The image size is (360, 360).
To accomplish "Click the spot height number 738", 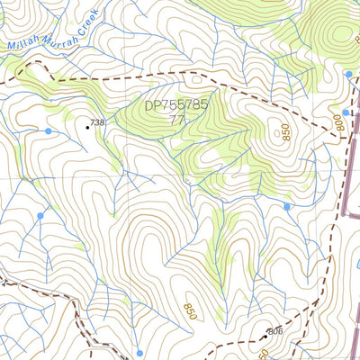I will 98,122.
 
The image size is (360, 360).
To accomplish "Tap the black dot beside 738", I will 87,127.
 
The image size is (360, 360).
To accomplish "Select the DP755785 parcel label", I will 176,105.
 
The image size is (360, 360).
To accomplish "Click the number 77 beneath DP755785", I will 176,119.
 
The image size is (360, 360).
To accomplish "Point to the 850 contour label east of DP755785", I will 285,132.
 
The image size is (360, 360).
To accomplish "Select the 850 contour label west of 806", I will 190,310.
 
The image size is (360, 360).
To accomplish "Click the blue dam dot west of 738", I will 49,131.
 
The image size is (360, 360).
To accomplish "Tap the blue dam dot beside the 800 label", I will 346,112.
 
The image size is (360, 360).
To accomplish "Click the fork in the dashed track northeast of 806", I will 317,297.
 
